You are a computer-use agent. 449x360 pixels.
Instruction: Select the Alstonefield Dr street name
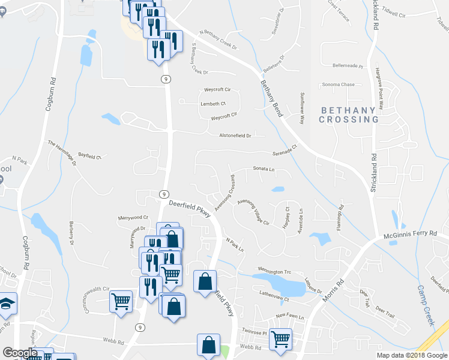click(235, 136)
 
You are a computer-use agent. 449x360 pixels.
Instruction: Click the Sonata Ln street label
click(263, 169)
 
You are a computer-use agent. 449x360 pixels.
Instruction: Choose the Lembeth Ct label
click(212, 103)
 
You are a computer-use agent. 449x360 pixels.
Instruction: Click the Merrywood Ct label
click(132, 217)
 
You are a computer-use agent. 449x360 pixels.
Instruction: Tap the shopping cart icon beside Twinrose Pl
click(280, 339)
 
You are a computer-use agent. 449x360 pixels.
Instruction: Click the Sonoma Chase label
click(339, 85)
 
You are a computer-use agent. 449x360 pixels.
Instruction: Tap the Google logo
click(19, 353)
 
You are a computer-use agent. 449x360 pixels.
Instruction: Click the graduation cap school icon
click(7, 303)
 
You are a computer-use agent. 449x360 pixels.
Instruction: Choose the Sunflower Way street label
click(302, 108)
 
